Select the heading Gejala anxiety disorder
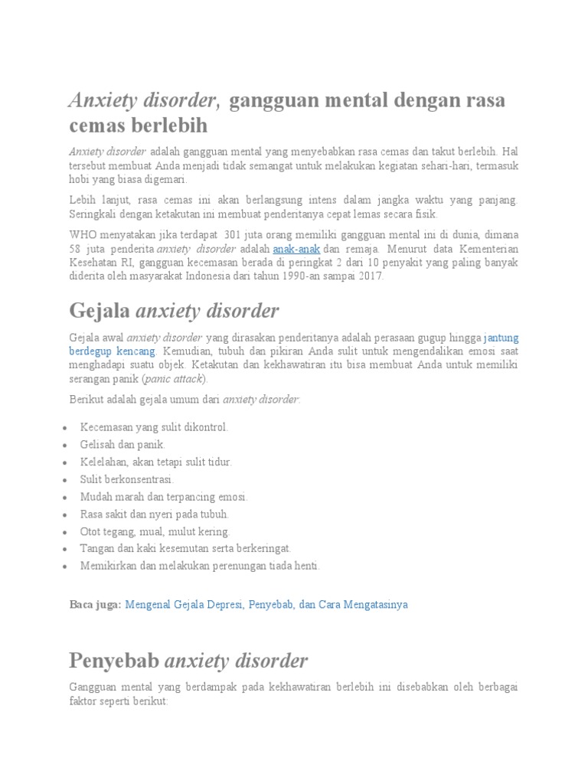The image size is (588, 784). (174, 311)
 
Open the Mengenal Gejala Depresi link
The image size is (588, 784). (266, 604)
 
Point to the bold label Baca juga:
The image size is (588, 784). (95, 604)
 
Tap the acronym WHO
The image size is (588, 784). (83, 235)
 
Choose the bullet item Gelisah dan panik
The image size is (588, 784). (122, 444)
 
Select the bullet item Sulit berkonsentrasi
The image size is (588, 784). (126, 479)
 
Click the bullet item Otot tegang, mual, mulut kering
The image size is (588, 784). (155, 531)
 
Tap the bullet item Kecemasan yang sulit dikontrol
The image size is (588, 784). (154, 427)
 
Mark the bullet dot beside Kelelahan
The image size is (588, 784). (69, 462)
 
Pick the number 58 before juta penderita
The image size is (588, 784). (76, 250)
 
